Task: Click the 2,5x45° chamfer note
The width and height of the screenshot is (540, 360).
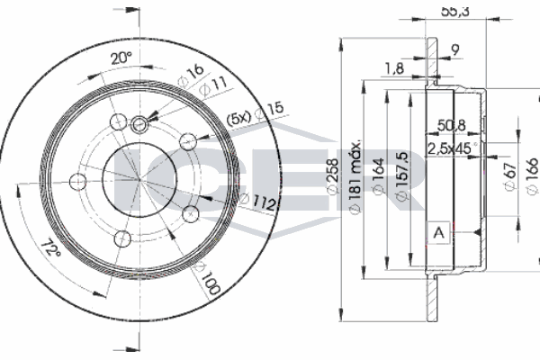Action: point(453,146)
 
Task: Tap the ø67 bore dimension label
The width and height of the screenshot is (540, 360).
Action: point(508,173)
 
